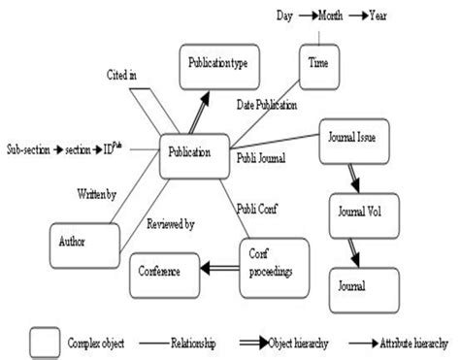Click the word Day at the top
(284, 16)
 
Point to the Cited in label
(123, 74)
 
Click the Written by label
(97, 195)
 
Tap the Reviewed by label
(170, 224)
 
